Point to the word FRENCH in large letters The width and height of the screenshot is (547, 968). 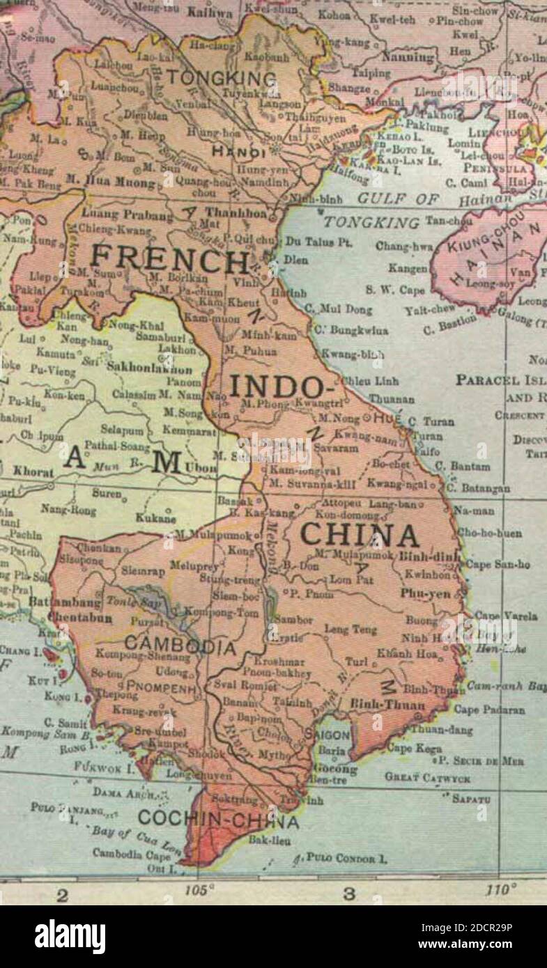coord(169,261)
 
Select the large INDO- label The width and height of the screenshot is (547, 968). coord(277,387)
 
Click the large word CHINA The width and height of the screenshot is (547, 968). coord(360,535)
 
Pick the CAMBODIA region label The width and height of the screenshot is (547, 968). coord(180,646)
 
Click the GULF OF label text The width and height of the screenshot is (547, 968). coord(398,199)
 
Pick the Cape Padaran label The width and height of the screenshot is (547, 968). coord(489,710)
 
